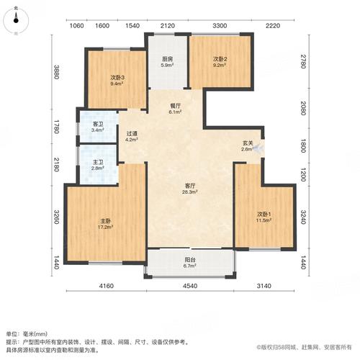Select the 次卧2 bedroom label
[x=220, y=58]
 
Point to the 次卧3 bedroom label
[x=118, y=78]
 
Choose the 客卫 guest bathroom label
[x=98, y=124]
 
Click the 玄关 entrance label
[x=247, y=143]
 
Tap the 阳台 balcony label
[x=190, y=261]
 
